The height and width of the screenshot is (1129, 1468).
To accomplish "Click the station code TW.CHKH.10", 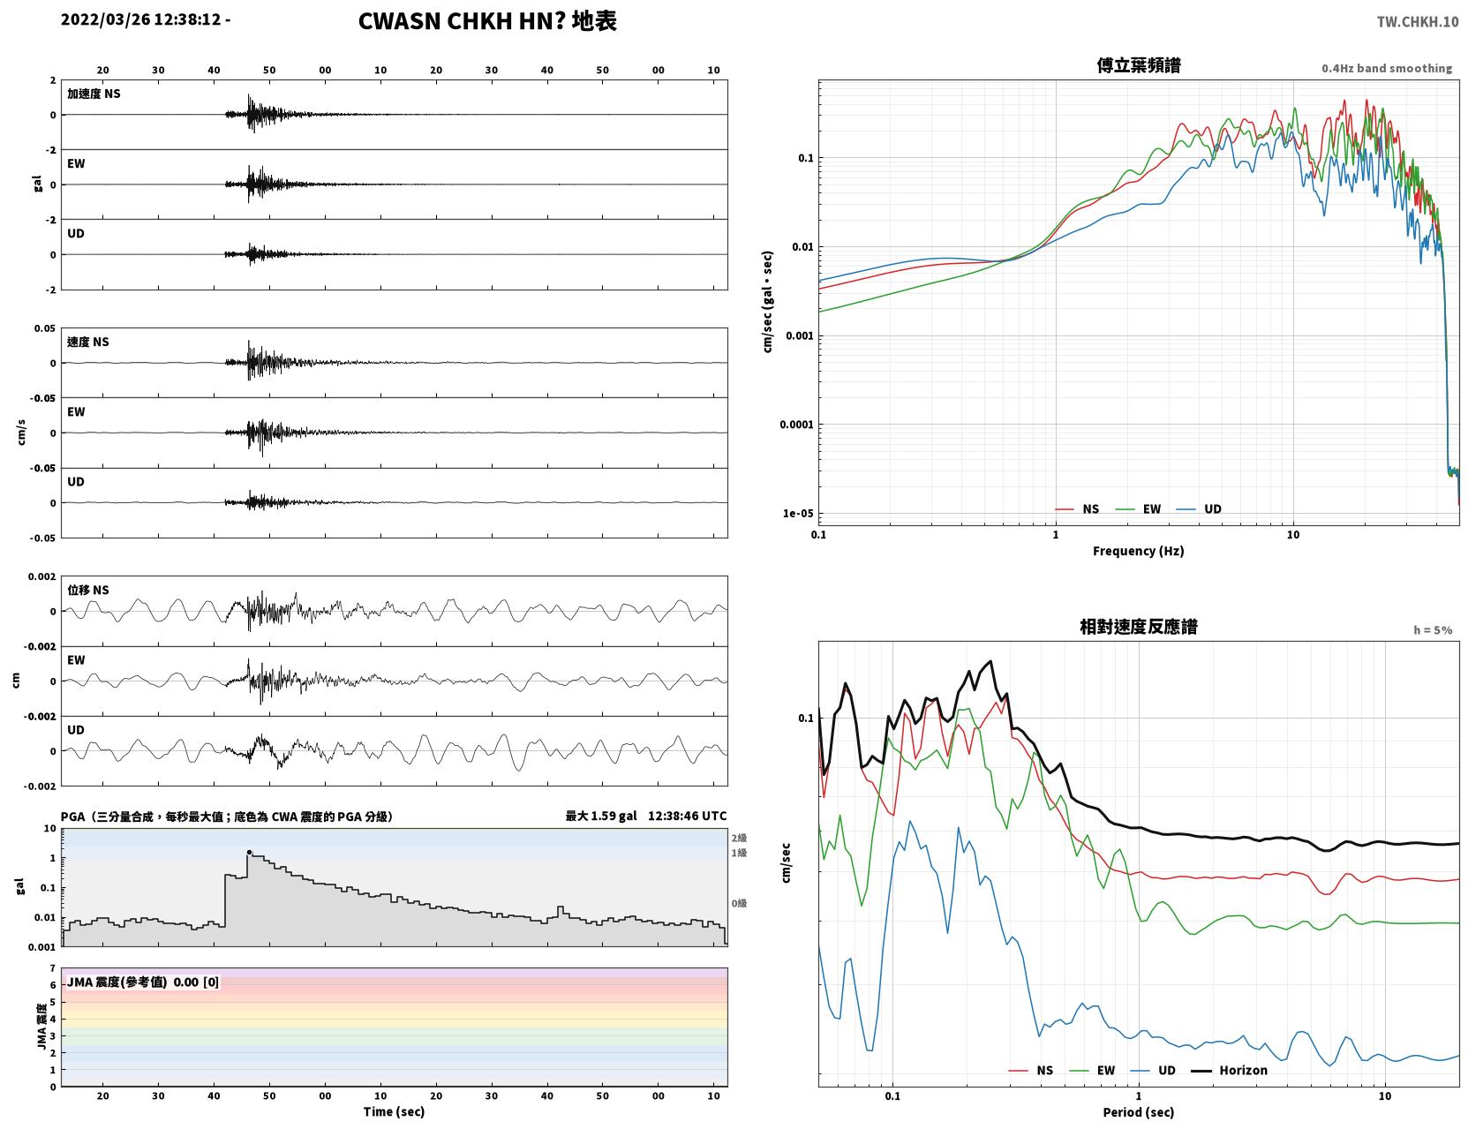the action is coord(1418,21).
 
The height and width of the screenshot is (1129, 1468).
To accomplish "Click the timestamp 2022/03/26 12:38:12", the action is coord(141,19).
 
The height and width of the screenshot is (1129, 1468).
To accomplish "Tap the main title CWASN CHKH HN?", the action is coord(462,21).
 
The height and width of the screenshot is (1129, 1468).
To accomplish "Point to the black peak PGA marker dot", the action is coord(249,852).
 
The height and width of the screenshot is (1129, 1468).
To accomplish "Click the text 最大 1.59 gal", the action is coord(600,816).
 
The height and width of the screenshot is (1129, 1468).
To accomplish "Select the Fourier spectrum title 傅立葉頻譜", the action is coord(1139,65).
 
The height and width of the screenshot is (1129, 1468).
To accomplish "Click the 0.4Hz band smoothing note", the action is coord(1386,68).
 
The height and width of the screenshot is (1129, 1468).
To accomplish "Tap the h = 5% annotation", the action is coord(1432,630).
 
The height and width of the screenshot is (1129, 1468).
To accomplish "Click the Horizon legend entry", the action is coord(1229,1070).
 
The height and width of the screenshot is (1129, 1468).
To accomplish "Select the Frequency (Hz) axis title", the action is coord(1139,551).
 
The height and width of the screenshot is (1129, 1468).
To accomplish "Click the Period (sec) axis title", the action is coord(1139,1112).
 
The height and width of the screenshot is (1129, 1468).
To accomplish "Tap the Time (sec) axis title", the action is coord(394,1111).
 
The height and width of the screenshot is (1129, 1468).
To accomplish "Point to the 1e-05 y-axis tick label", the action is coord(798,513).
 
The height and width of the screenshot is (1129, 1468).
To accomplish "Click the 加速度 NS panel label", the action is coord(94,94).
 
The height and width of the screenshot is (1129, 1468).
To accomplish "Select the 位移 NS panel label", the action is coord(87,591).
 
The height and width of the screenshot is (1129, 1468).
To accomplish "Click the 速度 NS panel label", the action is coord(87,342).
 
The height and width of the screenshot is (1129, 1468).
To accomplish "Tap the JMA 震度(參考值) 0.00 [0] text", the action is coord(142,982).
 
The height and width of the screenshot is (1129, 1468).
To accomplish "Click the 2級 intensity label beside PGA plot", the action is coord(739,838).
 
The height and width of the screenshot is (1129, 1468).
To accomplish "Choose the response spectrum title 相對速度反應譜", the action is coord(1139,627).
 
